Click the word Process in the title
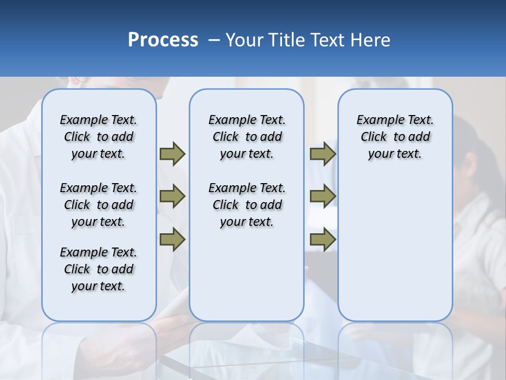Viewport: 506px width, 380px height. pyautogui.click(x=163, y=40)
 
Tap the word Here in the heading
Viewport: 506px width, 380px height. pyautogui.click(x=371, y=40)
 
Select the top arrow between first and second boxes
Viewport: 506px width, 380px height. pyautogui.click(x=172, y=154)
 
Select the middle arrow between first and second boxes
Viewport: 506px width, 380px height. pyautogui.click(x=172, y=196)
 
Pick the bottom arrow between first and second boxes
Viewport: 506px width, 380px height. pyautogui.click(x=172, y=240)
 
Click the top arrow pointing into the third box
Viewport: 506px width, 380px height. pyautogui.click(x=323, y=154)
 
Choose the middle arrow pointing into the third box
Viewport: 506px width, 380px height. pyautogui.click(x=323, y=196)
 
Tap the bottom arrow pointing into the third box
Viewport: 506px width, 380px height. pyautogui.click(x=323, y=240)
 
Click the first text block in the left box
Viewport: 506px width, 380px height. pyautogui.click(x=99, y=137)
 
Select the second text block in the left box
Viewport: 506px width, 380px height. pyautogui.click(x=99, y=205)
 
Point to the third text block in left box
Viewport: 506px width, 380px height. pyautogui.click(x=99, y=269)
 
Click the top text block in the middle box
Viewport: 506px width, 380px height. pyautogui.click(x=247, y=137)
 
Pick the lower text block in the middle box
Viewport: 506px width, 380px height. pyautogui.click(x=247, y=205)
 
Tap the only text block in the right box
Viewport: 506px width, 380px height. pyautogui.click(x=395, y=137)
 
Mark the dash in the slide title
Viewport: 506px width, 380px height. pyautogui.click(x=214, y=41)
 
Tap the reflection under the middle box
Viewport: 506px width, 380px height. pyautogui.click(x=247, y=343)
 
